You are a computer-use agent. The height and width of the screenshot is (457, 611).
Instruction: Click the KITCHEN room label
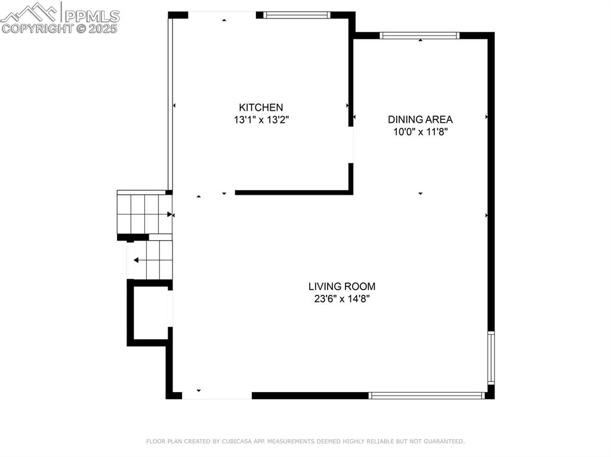[x=261, y=107]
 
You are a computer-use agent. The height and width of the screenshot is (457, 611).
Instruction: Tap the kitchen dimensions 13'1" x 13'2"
[x=261, y=120]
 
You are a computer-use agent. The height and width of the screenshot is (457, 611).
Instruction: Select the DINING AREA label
[x=420, y=119]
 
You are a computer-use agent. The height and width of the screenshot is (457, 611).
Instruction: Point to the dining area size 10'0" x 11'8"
[x=420, y=132]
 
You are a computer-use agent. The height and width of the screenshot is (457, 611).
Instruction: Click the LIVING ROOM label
[x=341, y=286]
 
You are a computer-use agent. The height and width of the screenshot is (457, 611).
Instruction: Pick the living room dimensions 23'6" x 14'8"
[x=341, y=299]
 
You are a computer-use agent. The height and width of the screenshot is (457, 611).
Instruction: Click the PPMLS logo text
[x=91, y=15]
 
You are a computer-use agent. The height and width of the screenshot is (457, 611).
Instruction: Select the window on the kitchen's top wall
[x=297, y=15]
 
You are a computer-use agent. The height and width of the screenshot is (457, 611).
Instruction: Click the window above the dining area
[x=420, y=35]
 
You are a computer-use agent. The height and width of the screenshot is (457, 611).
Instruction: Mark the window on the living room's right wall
[x=490, y=357]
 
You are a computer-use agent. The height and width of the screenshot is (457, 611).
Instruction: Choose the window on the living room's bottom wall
[x=426, y=395]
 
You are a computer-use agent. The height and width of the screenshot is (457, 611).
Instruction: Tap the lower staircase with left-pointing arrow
[x=150, y=260]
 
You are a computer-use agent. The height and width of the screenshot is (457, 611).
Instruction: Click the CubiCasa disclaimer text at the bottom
[x=305, y=442]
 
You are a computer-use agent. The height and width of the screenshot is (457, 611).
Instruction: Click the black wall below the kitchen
[x=292, y=192]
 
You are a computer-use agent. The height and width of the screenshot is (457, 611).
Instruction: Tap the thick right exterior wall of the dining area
[x=491, y=149]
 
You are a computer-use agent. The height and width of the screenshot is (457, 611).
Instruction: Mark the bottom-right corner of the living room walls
[x=490, y=394]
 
